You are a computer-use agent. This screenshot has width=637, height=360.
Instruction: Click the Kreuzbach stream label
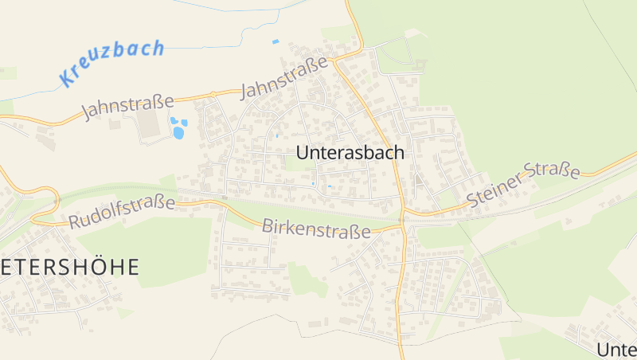(112, 62)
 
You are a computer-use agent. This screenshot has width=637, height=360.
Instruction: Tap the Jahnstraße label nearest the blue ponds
(127, 107)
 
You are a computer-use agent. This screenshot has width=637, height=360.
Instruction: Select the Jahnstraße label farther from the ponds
(285, 78)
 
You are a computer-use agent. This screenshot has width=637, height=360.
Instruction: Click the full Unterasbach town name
(350, 152)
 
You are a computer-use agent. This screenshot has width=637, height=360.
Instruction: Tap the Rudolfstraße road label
(122, 212)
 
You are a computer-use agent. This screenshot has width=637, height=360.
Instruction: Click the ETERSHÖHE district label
(69, 267)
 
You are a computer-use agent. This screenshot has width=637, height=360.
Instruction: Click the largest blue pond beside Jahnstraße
(178, 133)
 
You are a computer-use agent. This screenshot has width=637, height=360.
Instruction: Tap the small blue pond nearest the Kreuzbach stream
(276, 41)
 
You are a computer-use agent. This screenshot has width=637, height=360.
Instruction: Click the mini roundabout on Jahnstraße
(213, 95)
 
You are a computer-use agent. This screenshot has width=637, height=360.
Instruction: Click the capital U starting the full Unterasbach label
(303, 152)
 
